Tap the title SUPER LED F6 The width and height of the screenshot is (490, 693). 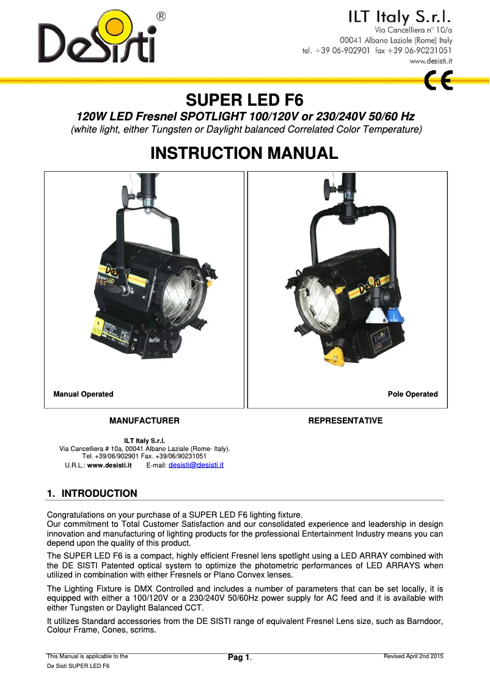pos(244,100)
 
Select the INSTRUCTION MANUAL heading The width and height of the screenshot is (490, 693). pos(244,153)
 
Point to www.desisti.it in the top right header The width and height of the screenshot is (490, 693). pos(430,61)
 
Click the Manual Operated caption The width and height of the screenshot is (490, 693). pos(83,394)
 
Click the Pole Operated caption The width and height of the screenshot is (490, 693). pos(412,394)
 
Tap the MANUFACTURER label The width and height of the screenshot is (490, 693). pos(144,420)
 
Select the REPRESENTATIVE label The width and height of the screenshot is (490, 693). pos(345,420)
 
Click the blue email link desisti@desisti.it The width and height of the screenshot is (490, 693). pos(196,465)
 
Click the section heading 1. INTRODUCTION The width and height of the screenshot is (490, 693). pos(92,493)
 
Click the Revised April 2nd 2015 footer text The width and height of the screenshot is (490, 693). pos(413,656)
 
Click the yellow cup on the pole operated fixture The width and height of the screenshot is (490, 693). pos(335,357)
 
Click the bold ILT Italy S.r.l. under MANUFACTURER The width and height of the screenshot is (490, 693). pos(144,440)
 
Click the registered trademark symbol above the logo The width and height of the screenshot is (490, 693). pos(160,16)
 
